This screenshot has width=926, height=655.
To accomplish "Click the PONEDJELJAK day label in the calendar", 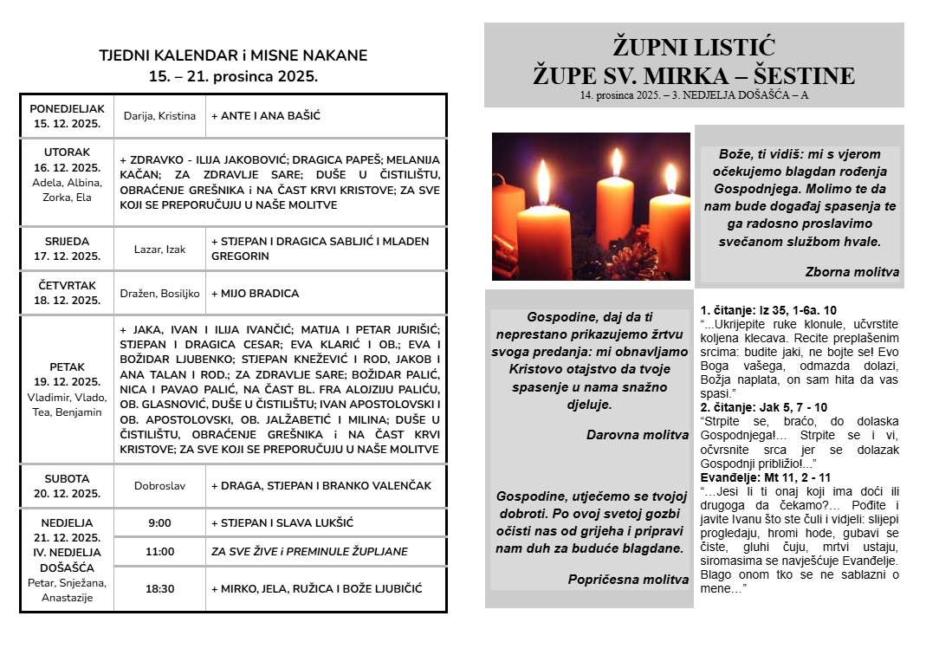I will pyautogui.click(x=67, y=109).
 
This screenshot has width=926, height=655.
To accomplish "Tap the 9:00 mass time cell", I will pyautogui.click(x=159, y=523).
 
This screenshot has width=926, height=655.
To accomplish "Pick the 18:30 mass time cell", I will pyautogui.click(x=159, y=589).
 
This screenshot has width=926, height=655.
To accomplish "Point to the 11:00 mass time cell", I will pyautogui.click(x=159, y=552).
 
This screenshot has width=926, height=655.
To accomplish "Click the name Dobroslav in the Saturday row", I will pyautogui.click(x=159, y=486).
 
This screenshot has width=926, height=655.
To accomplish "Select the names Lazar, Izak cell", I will pyautogui.click(x=159, y=250).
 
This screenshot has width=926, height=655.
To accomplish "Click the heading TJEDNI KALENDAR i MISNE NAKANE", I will pyautogui.click(x=233, y=55).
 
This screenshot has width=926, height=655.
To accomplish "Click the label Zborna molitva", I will pyautogui.click(x=852, y=272).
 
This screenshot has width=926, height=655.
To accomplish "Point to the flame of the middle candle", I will pyautogui.click(x=616, y=162).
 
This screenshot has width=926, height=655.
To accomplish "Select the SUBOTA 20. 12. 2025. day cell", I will pyautogui.click(x=67, y=485).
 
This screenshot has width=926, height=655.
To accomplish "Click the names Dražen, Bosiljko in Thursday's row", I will pyautogui.click(x=159, y=294).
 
